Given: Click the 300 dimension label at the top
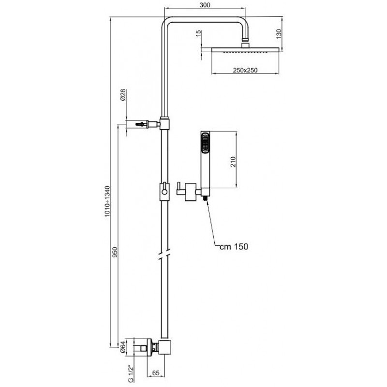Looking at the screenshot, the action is (205, 5).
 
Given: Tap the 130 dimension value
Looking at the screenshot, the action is (279, 34).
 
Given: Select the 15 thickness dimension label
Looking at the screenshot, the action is (199, 34).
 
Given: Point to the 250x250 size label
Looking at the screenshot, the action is (245, 70).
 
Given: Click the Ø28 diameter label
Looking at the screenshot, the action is (123, 95).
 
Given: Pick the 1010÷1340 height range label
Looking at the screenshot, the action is (107, 201).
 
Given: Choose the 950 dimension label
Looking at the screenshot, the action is (115, 252).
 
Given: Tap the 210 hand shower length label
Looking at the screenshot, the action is (233, 162).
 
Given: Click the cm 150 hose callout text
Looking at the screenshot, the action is (234, 247).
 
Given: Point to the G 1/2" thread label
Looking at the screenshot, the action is (131, 373).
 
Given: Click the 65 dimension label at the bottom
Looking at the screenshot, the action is (155, 373).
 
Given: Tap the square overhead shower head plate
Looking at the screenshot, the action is (245, 50).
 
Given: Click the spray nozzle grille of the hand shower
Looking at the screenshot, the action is (205, 143).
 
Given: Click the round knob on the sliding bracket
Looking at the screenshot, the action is (164, 192).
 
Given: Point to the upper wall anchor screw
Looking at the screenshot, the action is (141, 124).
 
